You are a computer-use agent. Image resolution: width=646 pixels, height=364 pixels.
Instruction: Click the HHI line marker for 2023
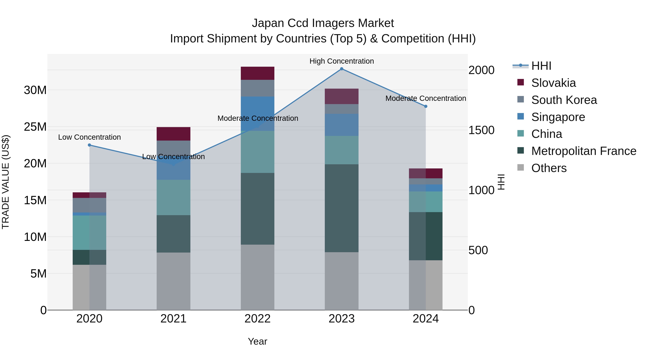[341, 69]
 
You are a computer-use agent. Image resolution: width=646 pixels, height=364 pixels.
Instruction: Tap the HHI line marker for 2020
[90, 145]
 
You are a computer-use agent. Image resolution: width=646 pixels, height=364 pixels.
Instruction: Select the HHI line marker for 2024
[426, 106]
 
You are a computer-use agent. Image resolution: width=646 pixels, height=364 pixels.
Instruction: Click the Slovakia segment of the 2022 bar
[258, 73]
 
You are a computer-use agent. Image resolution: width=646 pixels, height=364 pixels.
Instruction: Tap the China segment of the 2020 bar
[90, 233]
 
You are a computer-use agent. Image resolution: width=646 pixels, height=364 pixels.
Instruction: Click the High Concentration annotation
[341, 61]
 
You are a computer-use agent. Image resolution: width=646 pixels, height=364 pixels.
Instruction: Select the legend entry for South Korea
[564, 100]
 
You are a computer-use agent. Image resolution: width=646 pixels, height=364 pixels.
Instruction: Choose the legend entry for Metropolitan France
[584, 151]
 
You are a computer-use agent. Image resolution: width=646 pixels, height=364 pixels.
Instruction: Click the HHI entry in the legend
[541, 66]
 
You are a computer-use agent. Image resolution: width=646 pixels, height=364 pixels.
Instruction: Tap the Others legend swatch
[521, 168]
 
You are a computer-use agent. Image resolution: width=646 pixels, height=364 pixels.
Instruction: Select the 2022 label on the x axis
[258, 319]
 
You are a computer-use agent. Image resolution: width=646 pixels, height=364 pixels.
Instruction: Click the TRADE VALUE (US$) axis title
[6, 182]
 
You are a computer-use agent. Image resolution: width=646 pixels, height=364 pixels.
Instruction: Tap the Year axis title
[258, 341]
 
